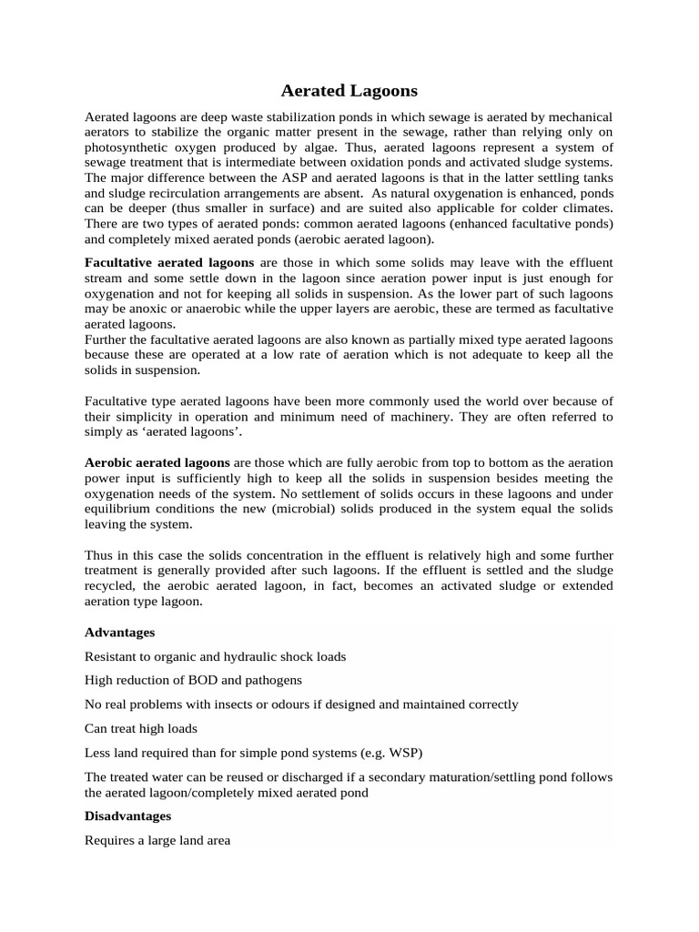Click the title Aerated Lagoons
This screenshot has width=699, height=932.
pos(349,91)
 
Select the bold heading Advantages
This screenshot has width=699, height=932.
pos(119,632)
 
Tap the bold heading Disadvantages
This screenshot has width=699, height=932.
pos(127,816)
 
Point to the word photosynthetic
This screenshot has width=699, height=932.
pos(127,147)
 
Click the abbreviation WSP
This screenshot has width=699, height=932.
pos(400,752)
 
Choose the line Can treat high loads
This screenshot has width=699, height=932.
pos(141,728)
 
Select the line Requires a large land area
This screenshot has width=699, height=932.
pos(157,841)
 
